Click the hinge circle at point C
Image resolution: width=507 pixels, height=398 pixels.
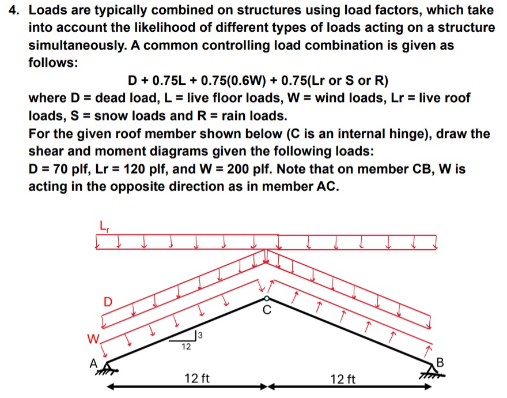click(x=266, y=298)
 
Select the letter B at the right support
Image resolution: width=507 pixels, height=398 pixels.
click(x=442, y=362)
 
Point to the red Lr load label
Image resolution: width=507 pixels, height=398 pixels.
click(x=104, y=226)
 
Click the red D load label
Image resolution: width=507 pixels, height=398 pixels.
click(x=107, y=301)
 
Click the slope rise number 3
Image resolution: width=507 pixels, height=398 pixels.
click(x=200, y=335)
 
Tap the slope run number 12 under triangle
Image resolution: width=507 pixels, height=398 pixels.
click(x=184, y=347)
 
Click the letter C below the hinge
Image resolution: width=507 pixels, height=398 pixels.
click(x=266, y=310)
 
